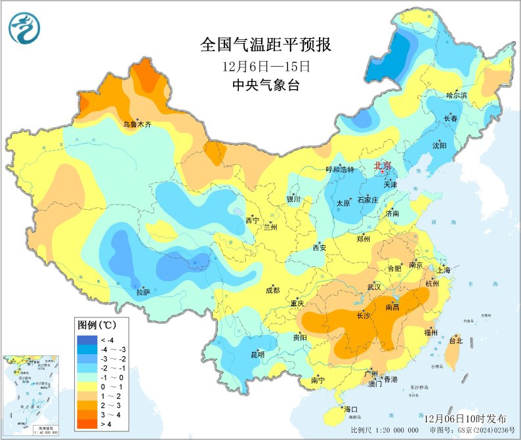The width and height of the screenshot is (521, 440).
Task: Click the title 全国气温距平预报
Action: coord(265,45)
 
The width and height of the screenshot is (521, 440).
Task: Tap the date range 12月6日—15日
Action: coord(265,66)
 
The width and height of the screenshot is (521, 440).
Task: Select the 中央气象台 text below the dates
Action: coord(265,85)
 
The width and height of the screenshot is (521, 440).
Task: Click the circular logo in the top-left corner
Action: coord(24,28)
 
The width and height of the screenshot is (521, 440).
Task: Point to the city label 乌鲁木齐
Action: coord(137,124)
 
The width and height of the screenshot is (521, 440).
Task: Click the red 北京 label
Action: coord(383,166)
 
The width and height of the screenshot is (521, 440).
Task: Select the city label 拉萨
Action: coord(143,292)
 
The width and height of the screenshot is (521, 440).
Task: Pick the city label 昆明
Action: coord(257,355)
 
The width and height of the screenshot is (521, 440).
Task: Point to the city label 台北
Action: coord(455,340)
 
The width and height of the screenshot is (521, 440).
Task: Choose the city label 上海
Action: coord(443,270)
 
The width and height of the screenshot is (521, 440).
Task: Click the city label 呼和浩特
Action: coord(340,169)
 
